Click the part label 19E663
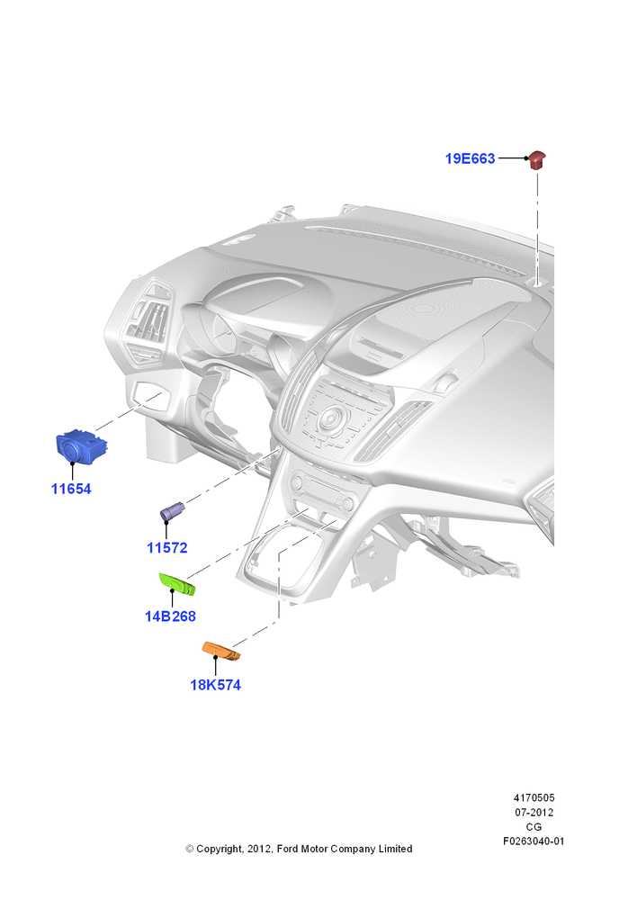(470, 158)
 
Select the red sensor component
(537, 159)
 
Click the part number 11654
(71, 489)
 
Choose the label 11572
(167, 548)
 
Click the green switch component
(176, 584)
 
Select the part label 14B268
(170, 616)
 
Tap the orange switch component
(221, 651)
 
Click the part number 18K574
(216, 685)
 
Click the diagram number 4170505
(534, 797)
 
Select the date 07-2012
(534, 813)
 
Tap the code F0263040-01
(534, 841)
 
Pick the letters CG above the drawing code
(534, 827)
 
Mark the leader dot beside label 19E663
(526, 157)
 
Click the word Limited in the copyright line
(395, 849)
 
